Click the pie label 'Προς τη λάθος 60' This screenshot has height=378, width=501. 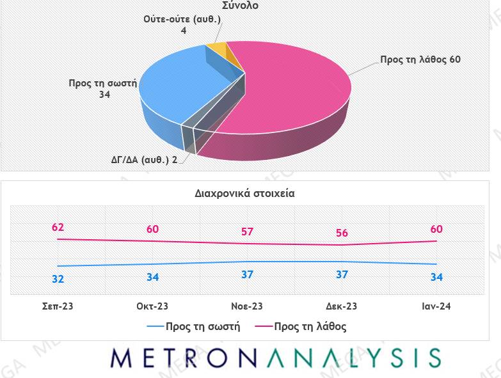[420, 59]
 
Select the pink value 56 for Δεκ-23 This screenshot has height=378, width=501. [342, 233]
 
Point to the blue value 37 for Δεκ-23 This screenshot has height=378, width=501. [342, 274]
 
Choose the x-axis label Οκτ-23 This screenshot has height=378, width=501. [153, 306]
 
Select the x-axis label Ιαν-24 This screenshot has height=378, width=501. [436, 306]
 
